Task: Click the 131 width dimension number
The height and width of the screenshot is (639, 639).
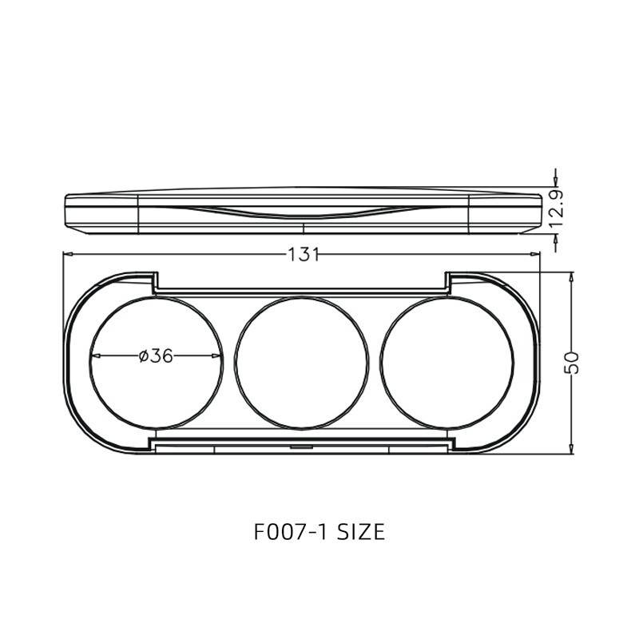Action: coord(304,255)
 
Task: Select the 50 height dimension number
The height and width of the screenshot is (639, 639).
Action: coord(572,362)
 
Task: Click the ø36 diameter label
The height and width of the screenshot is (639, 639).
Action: coord(156,356)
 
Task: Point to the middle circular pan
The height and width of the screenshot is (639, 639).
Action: coord(302,362)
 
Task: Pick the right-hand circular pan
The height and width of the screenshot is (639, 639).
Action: coord(447,362)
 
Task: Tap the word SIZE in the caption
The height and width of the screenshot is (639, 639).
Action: coord(361,532)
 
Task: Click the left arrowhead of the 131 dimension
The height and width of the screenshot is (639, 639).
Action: coord(68,255)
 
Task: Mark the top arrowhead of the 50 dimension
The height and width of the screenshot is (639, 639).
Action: coord(571,276)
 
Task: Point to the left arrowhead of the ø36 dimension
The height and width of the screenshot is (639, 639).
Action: coord(94,356)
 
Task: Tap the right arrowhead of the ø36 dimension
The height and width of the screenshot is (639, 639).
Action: coord(216,356)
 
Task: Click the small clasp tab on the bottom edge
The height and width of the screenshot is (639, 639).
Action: coord(300,447)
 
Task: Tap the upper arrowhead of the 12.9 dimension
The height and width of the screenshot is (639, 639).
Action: coord(555,182)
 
